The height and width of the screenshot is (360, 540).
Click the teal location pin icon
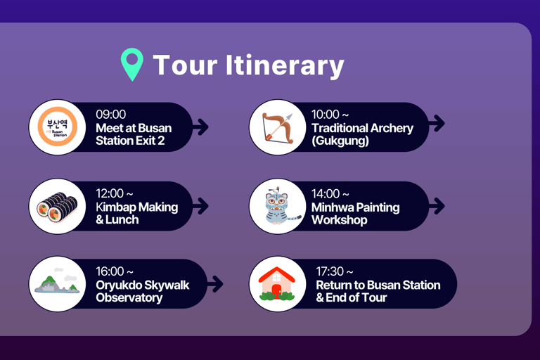click(131, 65)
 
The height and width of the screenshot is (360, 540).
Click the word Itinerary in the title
click(285, 65)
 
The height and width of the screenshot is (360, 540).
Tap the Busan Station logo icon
click(56, 127)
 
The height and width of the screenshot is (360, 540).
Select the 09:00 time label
click(110, 115)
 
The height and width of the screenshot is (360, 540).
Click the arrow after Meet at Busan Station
click(200, 127)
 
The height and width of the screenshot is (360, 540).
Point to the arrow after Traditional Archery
click(437, 123)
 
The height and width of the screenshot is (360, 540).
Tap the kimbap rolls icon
click(56, 206)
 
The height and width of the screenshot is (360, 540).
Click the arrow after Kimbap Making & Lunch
click(200, 206)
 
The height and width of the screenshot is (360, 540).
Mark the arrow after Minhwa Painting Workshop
click(437, 206)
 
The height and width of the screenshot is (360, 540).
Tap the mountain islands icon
click(56, 284)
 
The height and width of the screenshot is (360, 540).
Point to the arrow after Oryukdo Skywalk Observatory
click(215, 284)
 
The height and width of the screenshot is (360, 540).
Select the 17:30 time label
click(335, 271)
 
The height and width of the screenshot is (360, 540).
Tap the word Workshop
click(339, 220)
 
